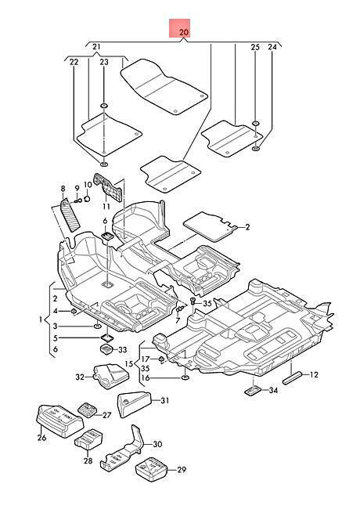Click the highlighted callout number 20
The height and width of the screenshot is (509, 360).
tap(184, 32)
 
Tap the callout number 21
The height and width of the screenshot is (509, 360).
tap(96, 47)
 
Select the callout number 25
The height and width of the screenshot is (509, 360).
tap(255, 47)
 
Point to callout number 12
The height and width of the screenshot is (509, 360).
tap(314, 374)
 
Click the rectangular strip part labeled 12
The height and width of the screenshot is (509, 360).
tap(292, 378)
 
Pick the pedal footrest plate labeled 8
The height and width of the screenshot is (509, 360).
tap(70, 215)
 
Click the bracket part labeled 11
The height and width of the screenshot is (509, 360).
tap(108, 187)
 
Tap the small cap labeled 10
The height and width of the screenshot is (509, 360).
tap(87, 198)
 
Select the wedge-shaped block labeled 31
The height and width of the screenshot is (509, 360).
tap(134, 404)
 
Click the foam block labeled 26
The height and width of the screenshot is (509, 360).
tap(60, 421)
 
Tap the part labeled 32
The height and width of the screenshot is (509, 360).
tap(111, 376)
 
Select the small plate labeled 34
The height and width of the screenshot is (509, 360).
tap(253, 391)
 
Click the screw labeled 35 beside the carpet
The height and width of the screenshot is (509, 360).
tap(193, 302)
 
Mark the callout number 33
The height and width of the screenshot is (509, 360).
tap(123, 349)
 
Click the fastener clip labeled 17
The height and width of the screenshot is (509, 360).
tap(161, 359)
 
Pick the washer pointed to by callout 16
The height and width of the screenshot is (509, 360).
tap(185, 377)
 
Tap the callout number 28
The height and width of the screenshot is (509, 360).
tap(88, 460)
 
